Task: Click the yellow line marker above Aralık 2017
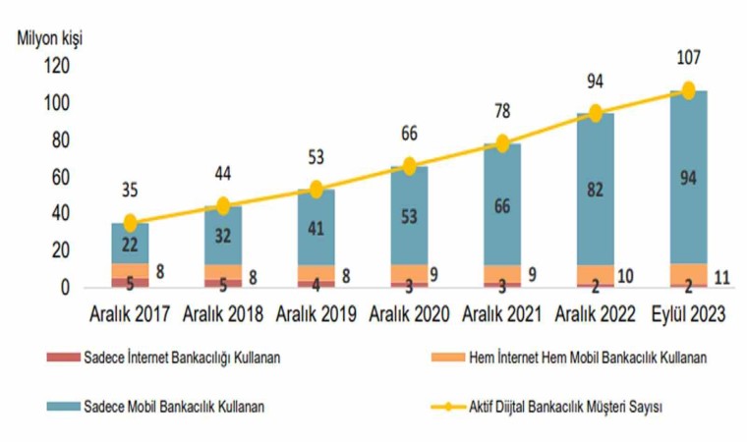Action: (131, 223)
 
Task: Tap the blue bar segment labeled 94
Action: (688, 178)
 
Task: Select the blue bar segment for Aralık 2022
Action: (595, 189)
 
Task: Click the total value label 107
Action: (688, 61)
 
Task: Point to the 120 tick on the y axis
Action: (58, 67)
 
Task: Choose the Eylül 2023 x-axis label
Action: (688, 314)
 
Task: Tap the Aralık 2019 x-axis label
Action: (316, 314)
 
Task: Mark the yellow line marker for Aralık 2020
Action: (409, 166)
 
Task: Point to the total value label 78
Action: (502, 112)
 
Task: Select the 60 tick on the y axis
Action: (62, 178)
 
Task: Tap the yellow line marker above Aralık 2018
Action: (223, 206)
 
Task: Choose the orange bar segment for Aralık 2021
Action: (502, 274)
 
